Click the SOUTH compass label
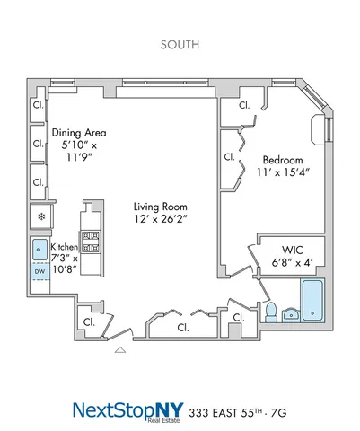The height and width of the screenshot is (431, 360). [180, 42]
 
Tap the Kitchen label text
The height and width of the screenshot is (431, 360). [64, 246]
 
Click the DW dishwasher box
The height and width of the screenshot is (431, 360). [40, 270]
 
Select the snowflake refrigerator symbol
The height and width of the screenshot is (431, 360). [40, 216]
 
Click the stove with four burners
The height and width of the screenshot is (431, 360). [91, 240]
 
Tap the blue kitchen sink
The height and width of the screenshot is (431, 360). [40, 248]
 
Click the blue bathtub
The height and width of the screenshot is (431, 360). [312, 300]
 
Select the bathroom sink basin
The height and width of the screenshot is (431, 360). [291, 313]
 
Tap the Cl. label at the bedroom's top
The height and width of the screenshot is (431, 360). [245, 106]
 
